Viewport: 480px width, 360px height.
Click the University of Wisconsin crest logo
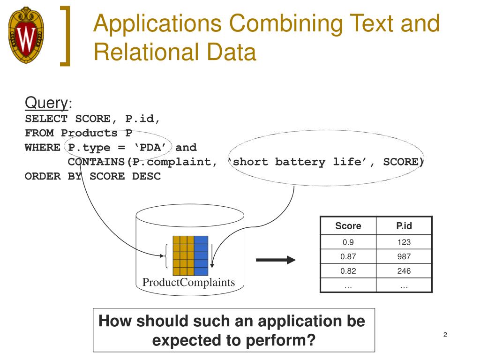[26, 35]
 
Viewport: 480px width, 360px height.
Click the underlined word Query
[46, 103]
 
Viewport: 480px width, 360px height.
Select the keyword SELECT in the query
[46, 119]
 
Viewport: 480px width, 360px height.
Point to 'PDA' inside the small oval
[152, 148]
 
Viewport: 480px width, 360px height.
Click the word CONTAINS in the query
[97, 162]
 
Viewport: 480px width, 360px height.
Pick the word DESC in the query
[146, 177]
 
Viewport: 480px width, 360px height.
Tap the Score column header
[348, 226]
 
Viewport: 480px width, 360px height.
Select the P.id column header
[404, 226]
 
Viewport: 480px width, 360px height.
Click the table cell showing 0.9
[348, 242]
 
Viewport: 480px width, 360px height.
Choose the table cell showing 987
[404, 256]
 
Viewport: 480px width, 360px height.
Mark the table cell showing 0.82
[348, 271]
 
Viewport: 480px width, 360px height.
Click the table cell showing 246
[404, 271]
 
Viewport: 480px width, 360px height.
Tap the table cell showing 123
[404, 242]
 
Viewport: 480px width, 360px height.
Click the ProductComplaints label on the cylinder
[188, 283]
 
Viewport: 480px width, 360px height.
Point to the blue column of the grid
[201, 255]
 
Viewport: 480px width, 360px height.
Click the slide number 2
[445, 335]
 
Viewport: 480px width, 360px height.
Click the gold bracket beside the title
[68, 35]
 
